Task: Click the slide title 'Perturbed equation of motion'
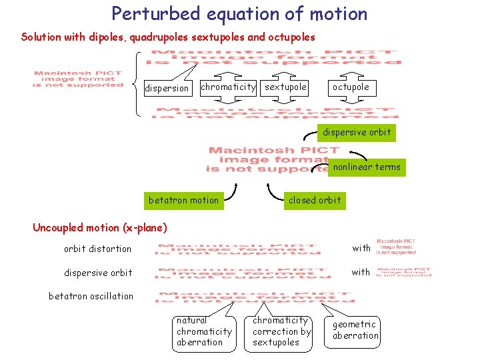(x=239, y=14)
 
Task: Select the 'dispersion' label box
(x=167, y=88)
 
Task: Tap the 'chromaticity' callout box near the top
(x=228, y=87)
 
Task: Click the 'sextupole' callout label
(x=285, y=87)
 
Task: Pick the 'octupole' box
(x=351, y=87)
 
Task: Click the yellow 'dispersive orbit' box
(x=357, y=133)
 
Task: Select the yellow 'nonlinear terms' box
(x=367, y=167)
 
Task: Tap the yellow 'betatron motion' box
(x=183, y=200)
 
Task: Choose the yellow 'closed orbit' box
(x=314, y=200)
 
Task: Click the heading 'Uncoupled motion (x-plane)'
(x=100, y=227)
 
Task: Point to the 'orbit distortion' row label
(x=97, y=249)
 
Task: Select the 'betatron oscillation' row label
(x=91, y=296)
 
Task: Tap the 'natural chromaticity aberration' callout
(x=204, y=331)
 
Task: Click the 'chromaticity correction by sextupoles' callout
(x=281, y=331)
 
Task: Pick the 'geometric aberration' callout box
(x=355, y=330)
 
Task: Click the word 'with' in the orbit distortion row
(x=361, y=248)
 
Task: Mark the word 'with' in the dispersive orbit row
(x=361, y=272)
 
